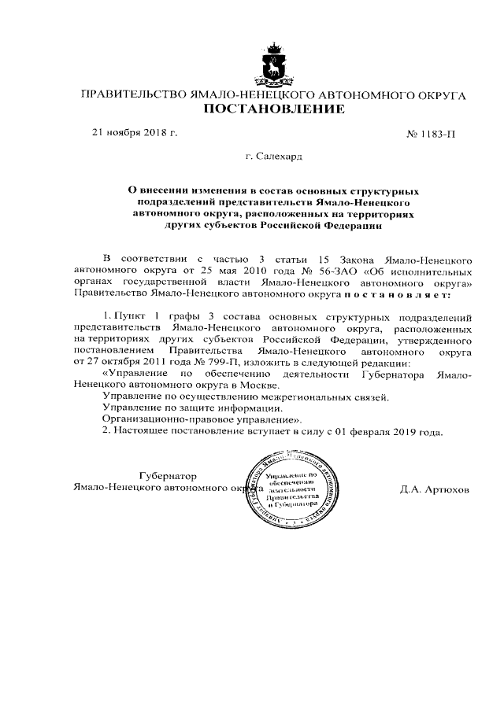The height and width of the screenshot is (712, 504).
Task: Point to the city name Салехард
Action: (280, 157)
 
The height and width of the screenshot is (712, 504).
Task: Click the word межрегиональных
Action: (324, 398)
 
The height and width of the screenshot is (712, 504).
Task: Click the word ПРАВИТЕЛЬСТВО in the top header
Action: (130, 94)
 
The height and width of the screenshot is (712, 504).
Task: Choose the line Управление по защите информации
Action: (192, 409)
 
